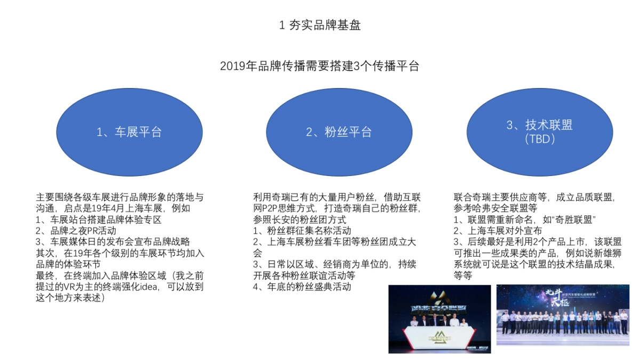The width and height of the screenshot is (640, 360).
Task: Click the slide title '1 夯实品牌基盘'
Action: point(320,25)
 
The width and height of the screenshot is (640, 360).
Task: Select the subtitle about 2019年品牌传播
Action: point(319,66)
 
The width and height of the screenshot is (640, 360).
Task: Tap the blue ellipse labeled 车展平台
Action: point(129,132)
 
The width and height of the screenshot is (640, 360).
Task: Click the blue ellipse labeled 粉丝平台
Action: point(339,132)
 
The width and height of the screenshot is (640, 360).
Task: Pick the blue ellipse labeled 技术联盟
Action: point(539,132)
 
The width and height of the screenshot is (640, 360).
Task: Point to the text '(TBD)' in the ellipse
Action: point(540,140)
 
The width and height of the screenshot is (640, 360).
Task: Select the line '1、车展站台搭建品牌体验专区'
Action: point(98,219)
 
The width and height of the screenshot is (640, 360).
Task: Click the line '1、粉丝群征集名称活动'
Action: point(302,230)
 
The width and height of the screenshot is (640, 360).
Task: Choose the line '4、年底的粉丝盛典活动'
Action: point(302,287)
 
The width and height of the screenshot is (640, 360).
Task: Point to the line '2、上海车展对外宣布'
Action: point(498,230)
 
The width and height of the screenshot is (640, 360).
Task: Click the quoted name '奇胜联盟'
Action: point(575,219)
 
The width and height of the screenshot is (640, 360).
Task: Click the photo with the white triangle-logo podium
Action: point(439,319)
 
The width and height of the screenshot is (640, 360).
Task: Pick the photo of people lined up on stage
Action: point(562,314)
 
